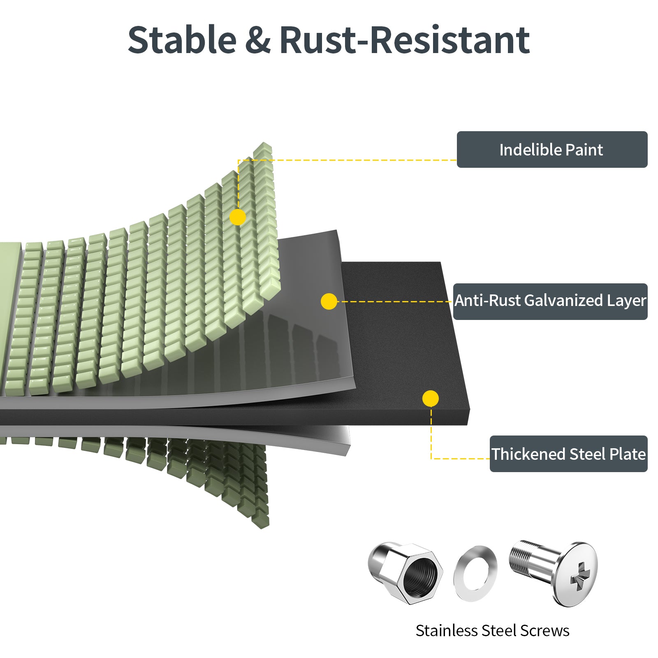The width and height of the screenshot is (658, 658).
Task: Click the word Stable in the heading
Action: click(x=182, y=40)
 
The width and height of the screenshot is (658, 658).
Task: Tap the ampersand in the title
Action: click(x=258, y=40)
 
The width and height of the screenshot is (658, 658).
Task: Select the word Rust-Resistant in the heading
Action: click(x=405, y=40)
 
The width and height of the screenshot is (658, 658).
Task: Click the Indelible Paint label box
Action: click(x=552, y=149)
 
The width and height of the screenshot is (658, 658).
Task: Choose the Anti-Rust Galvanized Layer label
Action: click(x=550, y=301)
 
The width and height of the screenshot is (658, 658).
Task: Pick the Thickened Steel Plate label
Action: click(x=568, y=454)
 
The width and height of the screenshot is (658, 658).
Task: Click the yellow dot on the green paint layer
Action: click(x=238, y=217)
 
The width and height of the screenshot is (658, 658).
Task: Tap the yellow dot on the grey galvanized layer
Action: click(x=329, y=301)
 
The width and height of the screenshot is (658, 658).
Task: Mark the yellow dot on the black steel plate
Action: click(x=430, y=399)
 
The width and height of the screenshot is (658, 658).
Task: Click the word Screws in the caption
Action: click(x=545, y=630)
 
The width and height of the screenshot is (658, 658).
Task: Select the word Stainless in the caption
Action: click(x=446, y=630)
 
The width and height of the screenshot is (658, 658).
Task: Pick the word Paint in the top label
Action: click(x=584, y=150)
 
